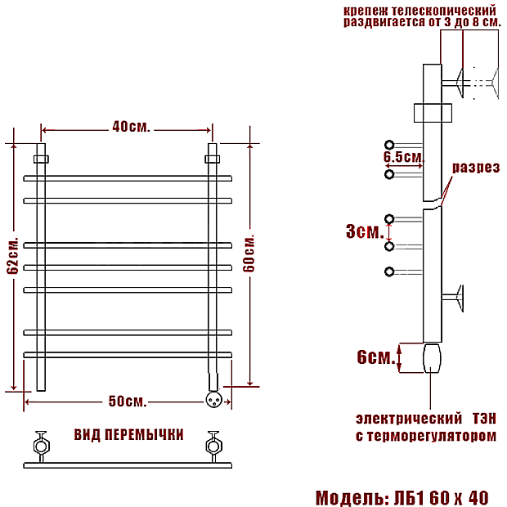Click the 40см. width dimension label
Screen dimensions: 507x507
[132, 127]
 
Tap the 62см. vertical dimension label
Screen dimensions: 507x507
[13, 256]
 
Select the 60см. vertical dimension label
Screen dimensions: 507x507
[249, 253]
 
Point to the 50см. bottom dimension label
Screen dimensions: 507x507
[128, 402]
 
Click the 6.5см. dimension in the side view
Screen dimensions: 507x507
[404, 157]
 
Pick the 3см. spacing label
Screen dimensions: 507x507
[365, 231]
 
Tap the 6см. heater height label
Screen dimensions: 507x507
[376, 357]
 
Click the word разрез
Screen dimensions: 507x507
[476, 168]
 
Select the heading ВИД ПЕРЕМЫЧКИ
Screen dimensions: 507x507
[128, 435]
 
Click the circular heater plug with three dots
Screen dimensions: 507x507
[214, 400]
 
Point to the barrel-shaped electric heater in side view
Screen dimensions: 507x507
[432, 358]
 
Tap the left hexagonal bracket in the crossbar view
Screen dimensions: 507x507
[42, 446]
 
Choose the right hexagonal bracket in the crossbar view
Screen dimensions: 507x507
[213, 446]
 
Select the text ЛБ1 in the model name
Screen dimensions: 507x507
[409, 498]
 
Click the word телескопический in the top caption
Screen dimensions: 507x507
[443, 11]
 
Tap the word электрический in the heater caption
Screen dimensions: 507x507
[409, 419]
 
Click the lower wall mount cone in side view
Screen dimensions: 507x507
[460, 298]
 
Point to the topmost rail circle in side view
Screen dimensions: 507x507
[389, 145]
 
